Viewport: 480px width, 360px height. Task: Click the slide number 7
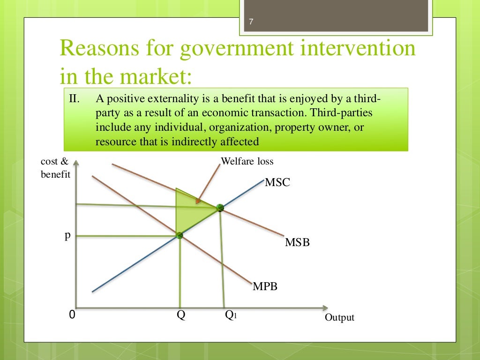[251, 22]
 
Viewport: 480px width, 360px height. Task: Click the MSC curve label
[277, 182]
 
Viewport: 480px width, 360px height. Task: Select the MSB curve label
[297, 243]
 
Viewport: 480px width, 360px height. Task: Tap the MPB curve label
[265, 286]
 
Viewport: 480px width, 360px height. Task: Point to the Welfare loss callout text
[247, 162]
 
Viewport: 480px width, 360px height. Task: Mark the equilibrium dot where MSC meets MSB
[219, 208]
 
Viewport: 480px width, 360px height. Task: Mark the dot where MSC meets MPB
[179, 235]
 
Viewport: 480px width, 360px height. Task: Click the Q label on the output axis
[180, 315]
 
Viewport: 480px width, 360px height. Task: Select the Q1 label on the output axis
[231, 315]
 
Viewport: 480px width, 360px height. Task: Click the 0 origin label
[72, 315]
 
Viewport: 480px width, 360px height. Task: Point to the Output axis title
[339, 318]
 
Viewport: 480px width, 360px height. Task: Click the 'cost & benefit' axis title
[55, 168]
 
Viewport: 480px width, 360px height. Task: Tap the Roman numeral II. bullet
[75, 99]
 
